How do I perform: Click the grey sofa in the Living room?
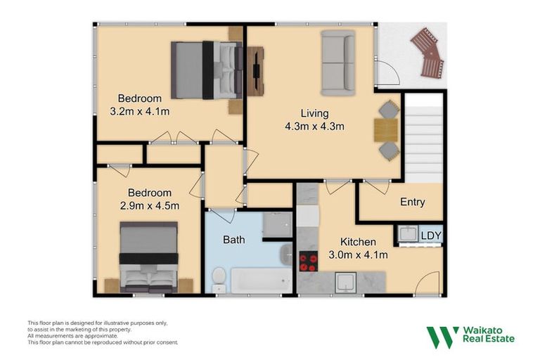(x=338, y=63)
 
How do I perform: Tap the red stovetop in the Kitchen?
(x=309, y=262)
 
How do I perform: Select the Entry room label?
(x=412, y=202)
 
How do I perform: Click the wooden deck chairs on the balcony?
(x=428, y=53)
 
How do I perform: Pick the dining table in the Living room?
(x=385, y=130)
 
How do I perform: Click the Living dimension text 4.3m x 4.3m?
(x=314, y=127)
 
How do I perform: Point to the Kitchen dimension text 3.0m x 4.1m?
(x=358, y=255)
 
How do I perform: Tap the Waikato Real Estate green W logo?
(x=442, y=337)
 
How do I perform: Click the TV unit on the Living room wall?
(x=255, y=70)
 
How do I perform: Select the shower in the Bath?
(x=276, y=225)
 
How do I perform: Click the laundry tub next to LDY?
(x=407, y=233)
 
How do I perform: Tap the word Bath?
(x=233, y=240)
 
